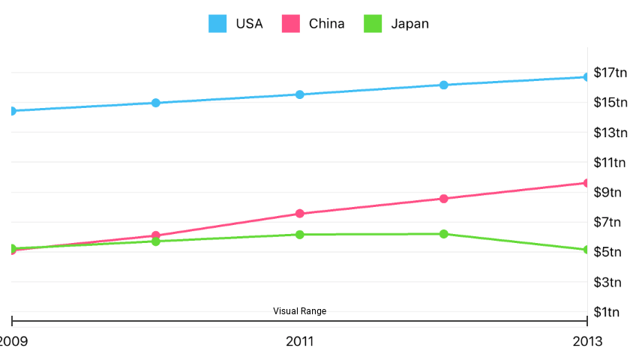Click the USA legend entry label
point(249,23)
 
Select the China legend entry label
point(326,23)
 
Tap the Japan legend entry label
point(409,23)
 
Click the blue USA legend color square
point(217,24)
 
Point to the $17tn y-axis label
point(610,73)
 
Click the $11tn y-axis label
point(610,163)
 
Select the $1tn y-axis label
point(610,312)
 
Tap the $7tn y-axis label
point(610,222)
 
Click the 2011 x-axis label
point(300,342)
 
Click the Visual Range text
point(299,311)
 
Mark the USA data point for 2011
point(300,94)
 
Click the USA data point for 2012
point(444,85)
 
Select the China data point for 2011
point(300,214)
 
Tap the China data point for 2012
point(444,199)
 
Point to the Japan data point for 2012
point(444,234)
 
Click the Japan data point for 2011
point(300,235)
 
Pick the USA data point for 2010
point(156,103)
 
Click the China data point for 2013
point(586,183)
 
